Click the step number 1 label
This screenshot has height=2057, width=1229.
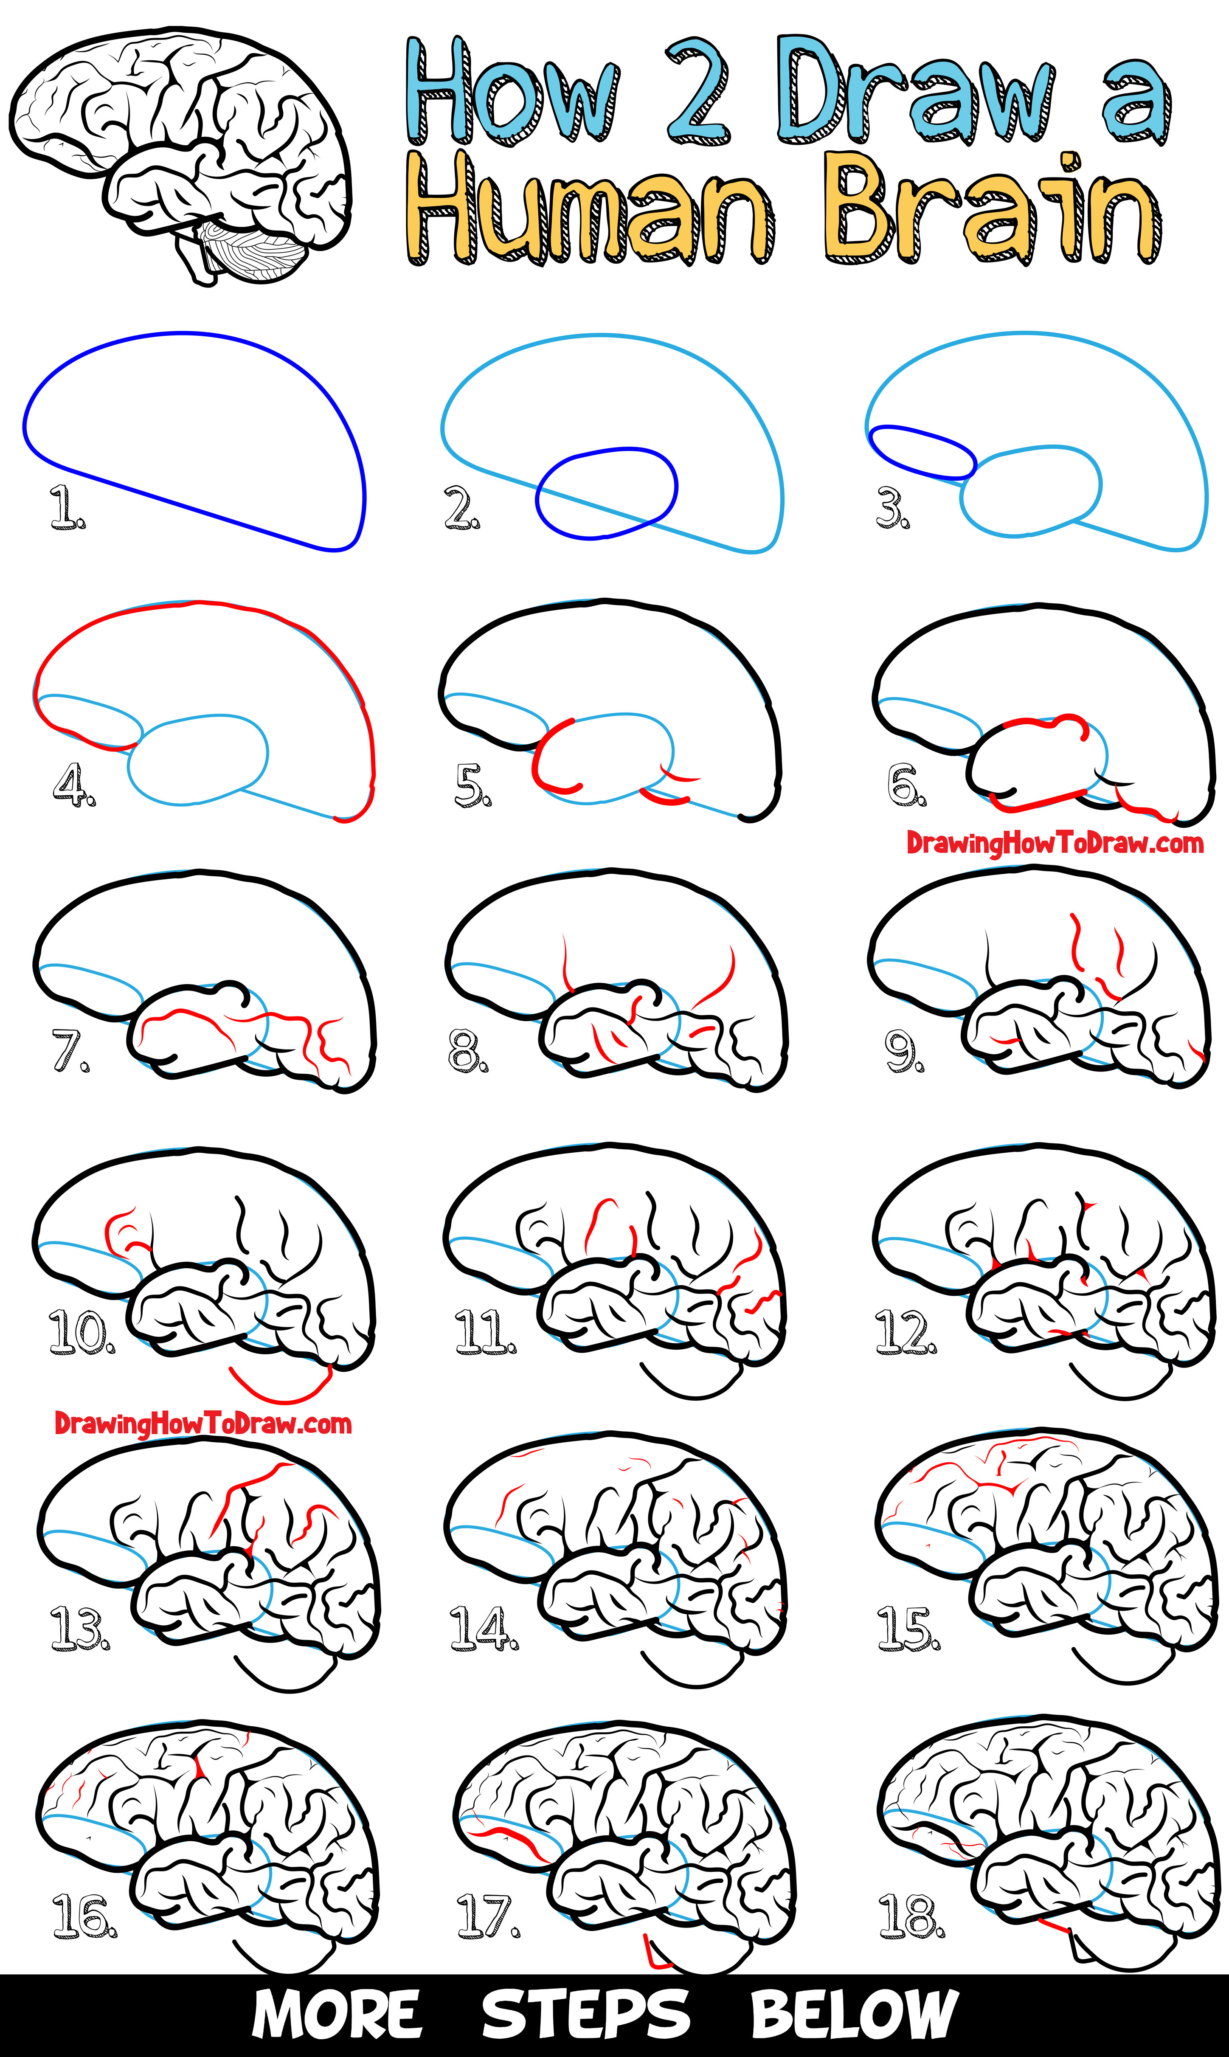tap(66, 507)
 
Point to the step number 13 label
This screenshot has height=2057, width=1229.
tap(79, 1627)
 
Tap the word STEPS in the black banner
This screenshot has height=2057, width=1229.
tap(585, 2015)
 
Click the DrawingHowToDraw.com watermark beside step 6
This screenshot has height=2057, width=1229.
tap(1054, 843)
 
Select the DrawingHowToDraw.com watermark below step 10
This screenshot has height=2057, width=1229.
tap(203, 1424)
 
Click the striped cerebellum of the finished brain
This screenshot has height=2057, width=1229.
tap(253, 253)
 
